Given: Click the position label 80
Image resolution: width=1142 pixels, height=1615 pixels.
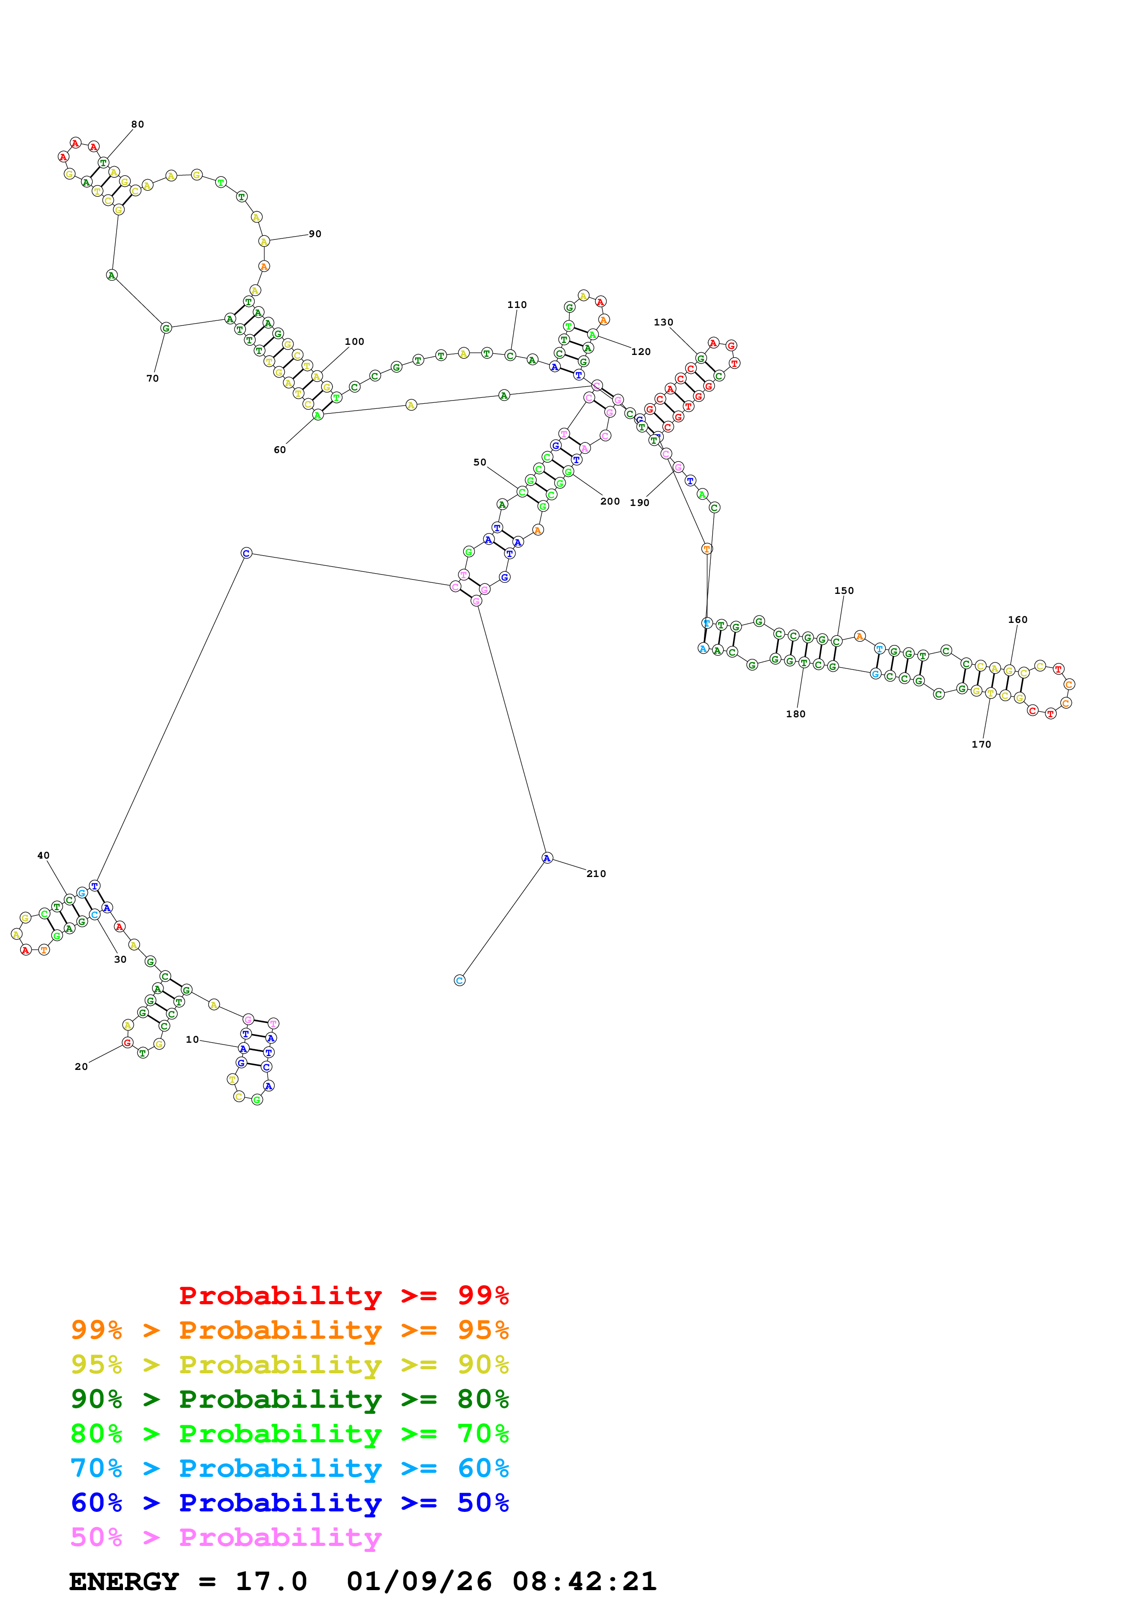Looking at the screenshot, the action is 137,124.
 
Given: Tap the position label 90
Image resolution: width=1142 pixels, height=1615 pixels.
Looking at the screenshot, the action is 315,234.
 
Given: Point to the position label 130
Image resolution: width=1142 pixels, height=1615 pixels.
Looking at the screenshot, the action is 663,322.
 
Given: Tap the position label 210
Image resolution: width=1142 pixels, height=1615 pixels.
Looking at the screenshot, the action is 596,874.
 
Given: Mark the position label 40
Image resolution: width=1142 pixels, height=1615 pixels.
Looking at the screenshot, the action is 44,855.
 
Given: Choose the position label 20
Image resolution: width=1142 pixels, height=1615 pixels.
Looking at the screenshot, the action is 82,1066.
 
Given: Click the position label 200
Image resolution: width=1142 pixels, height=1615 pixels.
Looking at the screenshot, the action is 610,501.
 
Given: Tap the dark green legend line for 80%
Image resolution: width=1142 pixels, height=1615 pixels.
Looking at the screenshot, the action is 289,1399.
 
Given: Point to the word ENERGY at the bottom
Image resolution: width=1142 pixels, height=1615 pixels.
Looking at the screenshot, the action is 124,1582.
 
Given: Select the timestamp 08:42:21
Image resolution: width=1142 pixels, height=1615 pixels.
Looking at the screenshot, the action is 584,1582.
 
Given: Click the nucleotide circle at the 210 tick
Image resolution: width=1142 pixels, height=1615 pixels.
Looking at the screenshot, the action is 547,857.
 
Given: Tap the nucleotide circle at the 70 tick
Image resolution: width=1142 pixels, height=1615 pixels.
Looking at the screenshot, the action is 166,328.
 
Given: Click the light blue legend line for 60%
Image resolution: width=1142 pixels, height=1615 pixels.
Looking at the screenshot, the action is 289,1468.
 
